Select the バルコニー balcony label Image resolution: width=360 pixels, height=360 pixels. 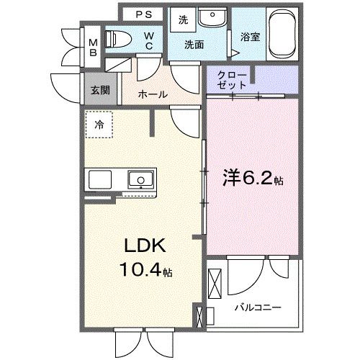click(257, 307)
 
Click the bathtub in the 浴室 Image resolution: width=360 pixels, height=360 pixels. click(284, 35)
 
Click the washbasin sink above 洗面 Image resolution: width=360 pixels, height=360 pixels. click(212, 19)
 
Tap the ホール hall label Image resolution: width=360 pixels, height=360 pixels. click(153, 94)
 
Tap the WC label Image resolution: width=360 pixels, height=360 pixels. click(148, 39)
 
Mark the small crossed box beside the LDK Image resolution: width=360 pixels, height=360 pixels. click(199, 315)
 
